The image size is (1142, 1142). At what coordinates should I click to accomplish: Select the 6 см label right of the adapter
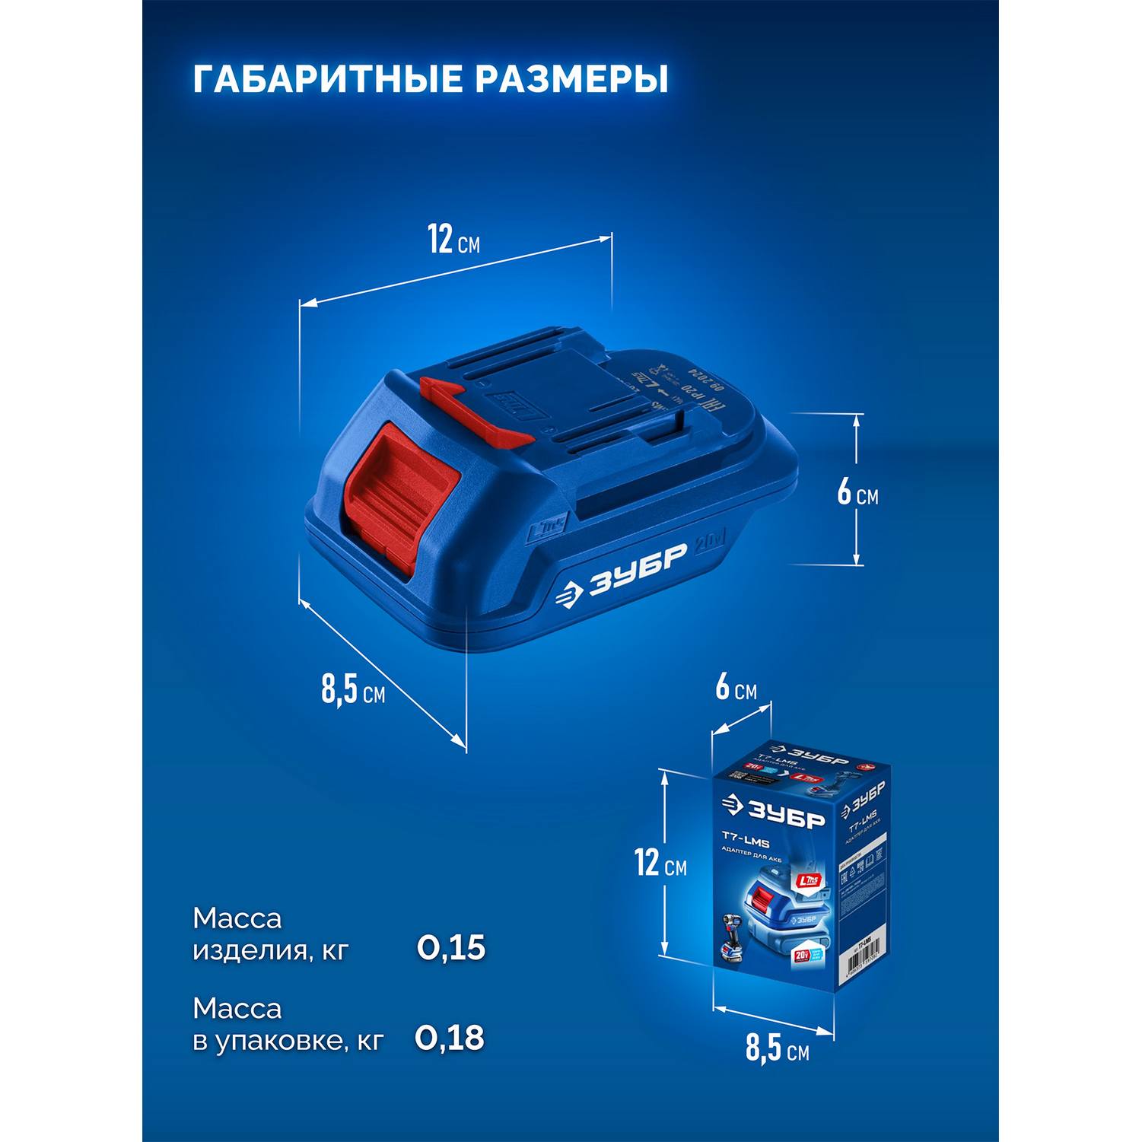[x=857, y=493]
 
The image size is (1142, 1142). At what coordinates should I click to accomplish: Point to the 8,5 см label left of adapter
[x=352, y=689]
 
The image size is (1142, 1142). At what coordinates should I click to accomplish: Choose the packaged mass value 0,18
[x=450, y=1038]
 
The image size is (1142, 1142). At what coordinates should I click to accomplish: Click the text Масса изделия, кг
[x=270, y=934]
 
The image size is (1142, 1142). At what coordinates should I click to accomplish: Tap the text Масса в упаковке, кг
[x=288, y=1024]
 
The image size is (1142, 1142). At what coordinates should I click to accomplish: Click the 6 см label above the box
[x=736, y=688]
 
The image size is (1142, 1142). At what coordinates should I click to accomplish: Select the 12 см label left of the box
[x=660, y=864]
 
